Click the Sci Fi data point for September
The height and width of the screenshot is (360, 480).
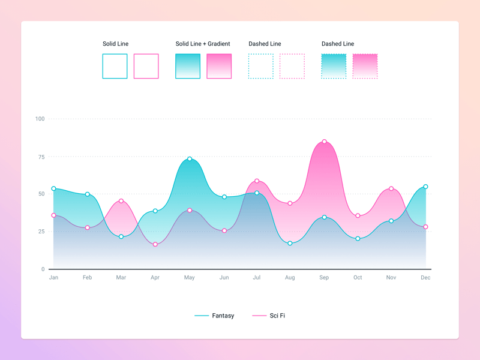point(325,142)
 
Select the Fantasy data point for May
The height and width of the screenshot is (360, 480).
point(190,159)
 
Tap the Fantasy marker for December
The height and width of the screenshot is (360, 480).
point(426,187)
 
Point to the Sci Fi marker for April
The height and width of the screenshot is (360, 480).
point(155,245)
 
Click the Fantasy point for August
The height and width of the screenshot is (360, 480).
point(290,244)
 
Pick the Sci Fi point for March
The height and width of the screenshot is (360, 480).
point(121,201)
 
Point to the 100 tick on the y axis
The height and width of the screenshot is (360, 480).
point(40,119)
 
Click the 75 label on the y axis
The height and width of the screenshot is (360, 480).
point(41,157)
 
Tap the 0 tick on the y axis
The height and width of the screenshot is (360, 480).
point(43,269)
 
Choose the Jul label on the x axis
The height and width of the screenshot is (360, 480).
point(257,278)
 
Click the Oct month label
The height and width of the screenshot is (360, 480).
point(358,278)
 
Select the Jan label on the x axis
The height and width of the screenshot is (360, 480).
point(53,278)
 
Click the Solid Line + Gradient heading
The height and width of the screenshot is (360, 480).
point(203,44)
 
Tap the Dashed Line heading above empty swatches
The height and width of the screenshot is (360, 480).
point(265,44)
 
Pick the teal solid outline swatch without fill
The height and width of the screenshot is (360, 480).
point(115,66)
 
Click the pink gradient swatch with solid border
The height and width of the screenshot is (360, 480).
point(219,66)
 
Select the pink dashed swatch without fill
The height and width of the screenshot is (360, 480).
point(292,66)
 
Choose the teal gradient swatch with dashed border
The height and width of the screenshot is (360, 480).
point(334,66)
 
